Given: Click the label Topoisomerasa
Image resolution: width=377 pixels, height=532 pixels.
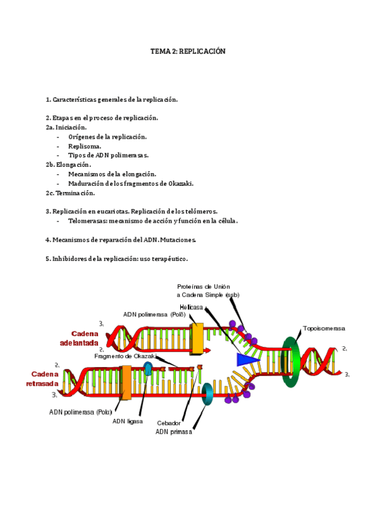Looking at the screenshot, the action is click(x=324, y=328).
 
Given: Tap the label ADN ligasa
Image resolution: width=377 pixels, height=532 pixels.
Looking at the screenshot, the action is click(x=128, y=421).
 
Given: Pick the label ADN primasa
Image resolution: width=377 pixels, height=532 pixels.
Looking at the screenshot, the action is click(x=173, y=432).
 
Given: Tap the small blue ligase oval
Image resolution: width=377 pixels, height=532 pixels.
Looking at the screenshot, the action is click(x=149, y=368).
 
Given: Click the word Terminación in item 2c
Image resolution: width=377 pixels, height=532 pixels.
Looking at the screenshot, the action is click(x=77, y=193).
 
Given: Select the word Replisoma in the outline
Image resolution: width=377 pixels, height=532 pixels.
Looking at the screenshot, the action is click(x=84, y=146).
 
